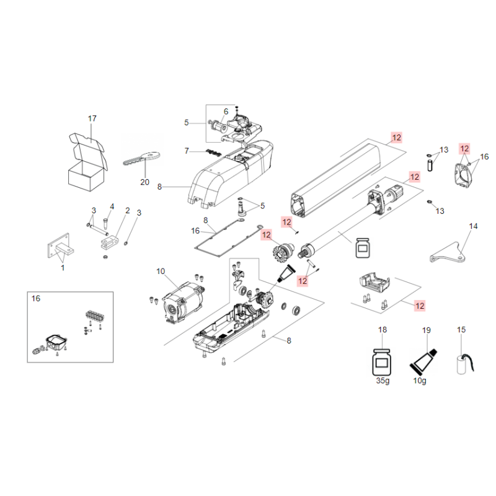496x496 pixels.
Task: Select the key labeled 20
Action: [141, 159]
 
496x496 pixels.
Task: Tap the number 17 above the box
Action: [92, 118]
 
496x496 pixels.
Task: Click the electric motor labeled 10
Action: [182, 303]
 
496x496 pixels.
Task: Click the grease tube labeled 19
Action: [423, 361]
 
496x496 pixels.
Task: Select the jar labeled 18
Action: [382, 362]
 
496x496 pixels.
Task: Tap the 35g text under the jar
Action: [383, 381]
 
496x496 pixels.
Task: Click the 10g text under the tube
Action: [420, 381]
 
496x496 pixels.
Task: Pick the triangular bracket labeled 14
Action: [448, 254]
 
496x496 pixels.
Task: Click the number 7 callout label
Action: [187, 151]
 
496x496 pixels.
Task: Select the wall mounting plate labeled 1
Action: [60, 247]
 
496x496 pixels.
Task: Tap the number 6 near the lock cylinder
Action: [226, 112]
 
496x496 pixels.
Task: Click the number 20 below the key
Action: [144, 182]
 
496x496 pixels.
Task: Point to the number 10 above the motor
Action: [161, 272]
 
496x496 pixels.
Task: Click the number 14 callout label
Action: [473, 226]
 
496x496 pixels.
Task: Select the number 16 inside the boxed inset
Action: [36, 298]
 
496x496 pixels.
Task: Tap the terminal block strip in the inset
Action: [95, 316]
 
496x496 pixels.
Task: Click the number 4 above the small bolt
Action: [112, 206]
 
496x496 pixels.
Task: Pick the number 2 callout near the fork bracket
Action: [128, 210]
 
